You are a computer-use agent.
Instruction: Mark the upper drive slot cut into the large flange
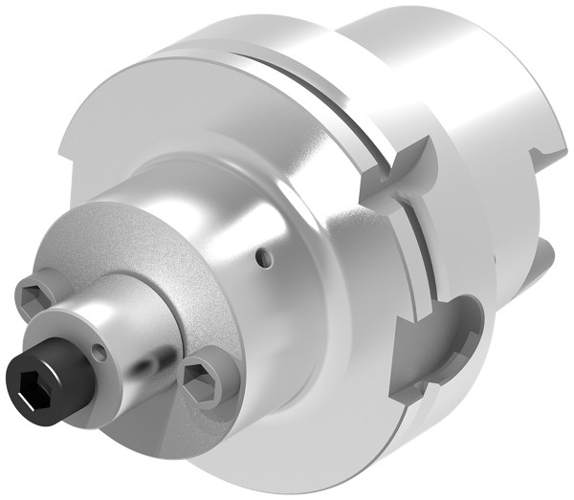[400, 172]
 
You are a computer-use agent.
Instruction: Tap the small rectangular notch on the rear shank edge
[550, 148]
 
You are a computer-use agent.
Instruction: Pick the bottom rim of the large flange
[316, 468]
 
